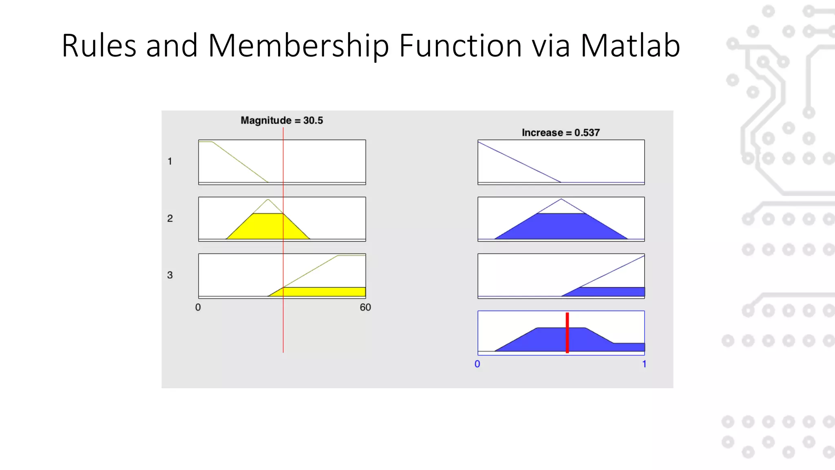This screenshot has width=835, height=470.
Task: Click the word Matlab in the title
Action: pos(630,45)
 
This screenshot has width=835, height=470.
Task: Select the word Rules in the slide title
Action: pos(99,45)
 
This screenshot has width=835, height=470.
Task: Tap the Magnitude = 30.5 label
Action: pos(282,120)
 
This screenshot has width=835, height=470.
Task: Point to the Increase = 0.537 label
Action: pos(561,133)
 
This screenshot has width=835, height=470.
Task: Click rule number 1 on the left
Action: pos(170,162)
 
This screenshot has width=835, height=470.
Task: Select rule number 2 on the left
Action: pos(170,219)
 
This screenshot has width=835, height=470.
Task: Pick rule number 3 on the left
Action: pos(170,275)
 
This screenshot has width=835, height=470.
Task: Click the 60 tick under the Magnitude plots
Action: pos(365,308)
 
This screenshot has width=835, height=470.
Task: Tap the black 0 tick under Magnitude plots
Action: pos(198,308)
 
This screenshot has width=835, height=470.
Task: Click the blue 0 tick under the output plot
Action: pos(477,364)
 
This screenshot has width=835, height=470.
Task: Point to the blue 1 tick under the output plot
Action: pos(644,364)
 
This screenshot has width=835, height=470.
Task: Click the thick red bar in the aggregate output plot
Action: pos(567,333)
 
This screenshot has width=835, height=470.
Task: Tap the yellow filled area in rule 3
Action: pos(322,292)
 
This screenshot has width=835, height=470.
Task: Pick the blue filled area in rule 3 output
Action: pos(612,292)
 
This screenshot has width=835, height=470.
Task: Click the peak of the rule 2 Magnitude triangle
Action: pos(268,200)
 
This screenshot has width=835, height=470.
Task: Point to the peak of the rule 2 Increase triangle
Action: pos(561,199)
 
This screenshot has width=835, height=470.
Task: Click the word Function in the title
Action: pos(460,45)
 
